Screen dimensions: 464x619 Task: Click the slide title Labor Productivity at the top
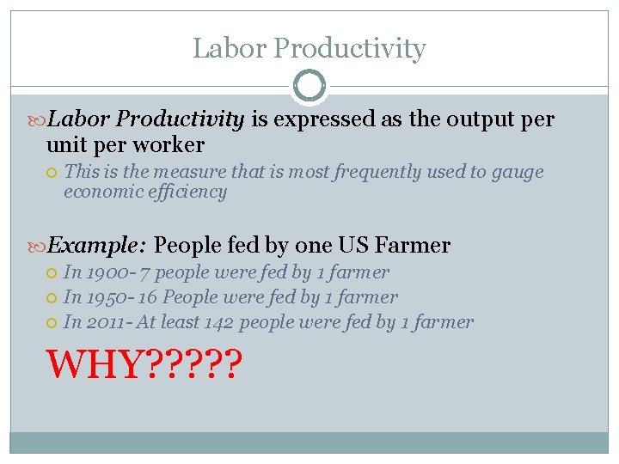(309, 49)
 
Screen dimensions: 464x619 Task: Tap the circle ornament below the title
(309, 86)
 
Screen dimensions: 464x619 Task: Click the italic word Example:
(96, 246)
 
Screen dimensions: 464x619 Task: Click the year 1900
(102, 273)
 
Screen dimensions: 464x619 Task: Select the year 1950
(102, 298)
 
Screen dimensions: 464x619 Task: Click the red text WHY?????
(144, 364)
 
